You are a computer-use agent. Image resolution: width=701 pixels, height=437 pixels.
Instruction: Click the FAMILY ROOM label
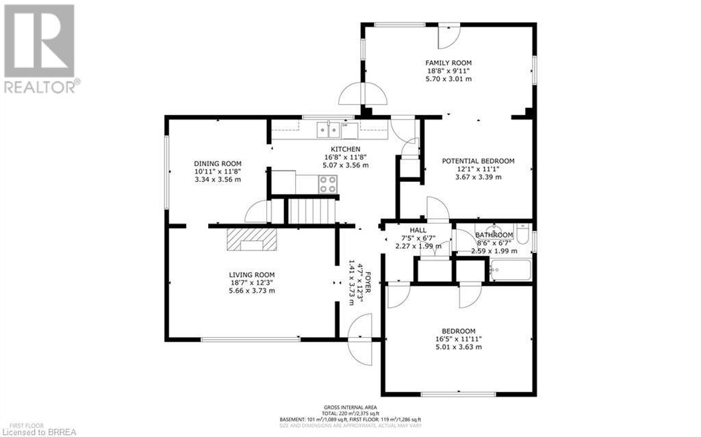click(x=448, y=62)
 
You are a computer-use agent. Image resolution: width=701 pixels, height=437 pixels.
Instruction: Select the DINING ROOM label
click(x=217, y=163)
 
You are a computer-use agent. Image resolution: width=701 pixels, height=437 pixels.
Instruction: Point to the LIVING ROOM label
click(x=252, y=274)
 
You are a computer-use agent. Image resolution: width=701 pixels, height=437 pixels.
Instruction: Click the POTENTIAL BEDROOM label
click(x=478, y=161)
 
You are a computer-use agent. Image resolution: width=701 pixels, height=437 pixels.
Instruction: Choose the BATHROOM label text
click(x=495, y=235)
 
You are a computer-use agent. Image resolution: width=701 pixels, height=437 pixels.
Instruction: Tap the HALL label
click(x=418, y=230)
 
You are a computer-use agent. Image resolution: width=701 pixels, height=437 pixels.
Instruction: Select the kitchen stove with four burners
click(x=328, y=183)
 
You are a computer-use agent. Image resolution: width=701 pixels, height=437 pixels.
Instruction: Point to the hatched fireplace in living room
click(x=251, y=240)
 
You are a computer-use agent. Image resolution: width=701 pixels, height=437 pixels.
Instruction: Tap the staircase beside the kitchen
click(x=311, y=211)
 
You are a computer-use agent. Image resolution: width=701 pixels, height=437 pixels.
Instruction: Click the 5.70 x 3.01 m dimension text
click(x=448, y=79)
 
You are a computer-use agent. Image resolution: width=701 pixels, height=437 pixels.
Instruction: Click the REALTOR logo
click(x=40, y=49)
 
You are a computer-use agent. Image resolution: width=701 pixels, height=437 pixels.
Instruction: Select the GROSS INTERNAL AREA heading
click(x=350, y=406)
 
